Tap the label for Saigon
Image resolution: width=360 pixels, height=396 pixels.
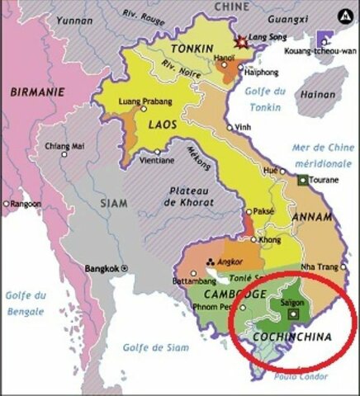pos(293,303)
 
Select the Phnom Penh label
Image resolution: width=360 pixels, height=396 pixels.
pos(218,307)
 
